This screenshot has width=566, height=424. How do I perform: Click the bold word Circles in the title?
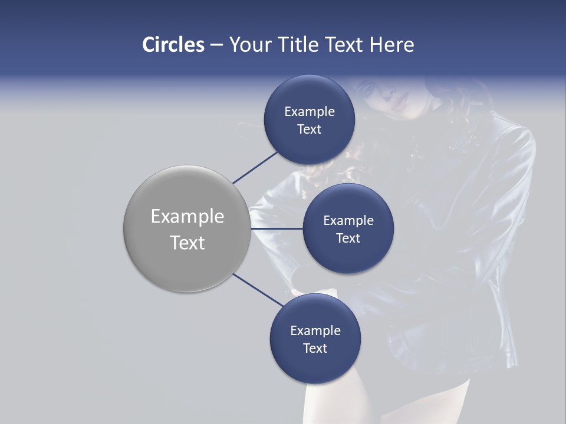(x=173, y=45)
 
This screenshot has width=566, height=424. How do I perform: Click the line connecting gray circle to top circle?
(x=256, y=167)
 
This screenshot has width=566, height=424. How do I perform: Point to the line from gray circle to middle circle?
(x=277, y=228)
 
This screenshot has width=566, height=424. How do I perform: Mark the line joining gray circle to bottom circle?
(x=257, y=290)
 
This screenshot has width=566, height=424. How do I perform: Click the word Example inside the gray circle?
(x=187, y=217)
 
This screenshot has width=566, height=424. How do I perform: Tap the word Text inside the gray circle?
(x=187, y=243)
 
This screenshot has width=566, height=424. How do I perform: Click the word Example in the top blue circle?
(x=310, y=112)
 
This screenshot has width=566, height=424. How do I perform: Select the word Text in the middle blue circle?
(x=348, y=238)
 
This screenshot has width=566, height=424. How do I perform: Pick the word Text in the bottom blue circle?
(x=315, y=348)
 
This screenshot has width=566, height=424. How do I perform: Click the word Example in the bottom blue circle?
(x=315, y=330)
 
